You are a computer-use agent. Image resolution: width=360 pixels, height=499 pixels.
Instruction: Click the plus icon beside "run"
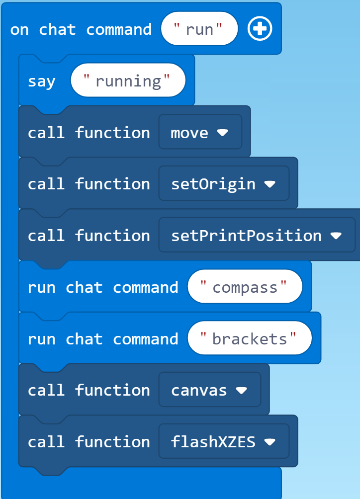tap(260, 29)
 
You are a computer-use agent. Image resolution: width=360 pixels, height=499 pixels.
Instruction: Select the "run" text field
tap(199, 29)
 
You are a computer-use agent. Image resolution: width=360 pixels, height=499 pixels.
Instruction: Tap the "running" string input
tap(128, 81)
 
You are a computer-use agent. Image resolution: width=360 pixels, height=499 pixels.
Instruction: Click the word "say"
tap(41, 81)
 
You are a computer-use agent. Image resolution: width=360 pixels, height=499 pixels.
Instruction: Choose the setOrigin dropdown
tap(223, 184)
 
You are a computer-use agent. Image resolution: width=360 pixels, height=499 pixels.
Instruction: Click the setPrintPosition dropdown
tap(257, 235)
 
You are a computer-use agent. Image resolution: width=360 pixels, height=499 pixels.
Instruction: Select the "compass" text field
tap(245, 287)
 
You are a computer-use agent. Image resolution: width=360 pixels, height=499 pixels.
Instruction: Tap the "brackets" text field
tap(249, 339)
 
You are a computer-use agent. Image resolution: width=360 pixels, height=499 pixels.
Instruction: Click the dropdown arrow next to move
tap(222, 133)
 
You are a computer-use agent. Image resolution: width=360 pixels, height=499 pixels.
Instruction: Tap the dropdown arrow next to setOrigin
tap(270, 184)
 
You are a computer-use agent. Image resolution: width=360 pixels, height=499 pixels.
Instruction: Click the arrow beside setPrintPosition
tap(336, 236)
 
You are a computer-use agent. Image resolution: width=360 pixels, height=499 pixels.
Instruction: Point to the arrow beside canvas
tap(241, 391)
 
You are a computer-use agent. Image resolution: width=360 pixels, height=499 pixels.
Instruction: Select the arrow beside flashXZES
tap(270, 442)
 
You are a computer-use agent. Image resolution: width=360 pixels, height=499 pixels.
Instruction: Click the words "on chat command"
tap(81, 29)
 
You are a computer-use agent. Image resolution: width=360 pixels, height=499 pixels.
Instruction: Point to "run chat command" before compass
tap(103, 287)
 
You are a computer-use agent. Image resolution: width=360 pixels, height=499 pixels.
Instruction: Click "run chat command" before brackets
tap(103, 339)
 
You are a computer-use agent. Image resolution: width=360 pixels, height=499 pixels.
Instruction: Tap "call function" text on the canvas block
tap(89, 390)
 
